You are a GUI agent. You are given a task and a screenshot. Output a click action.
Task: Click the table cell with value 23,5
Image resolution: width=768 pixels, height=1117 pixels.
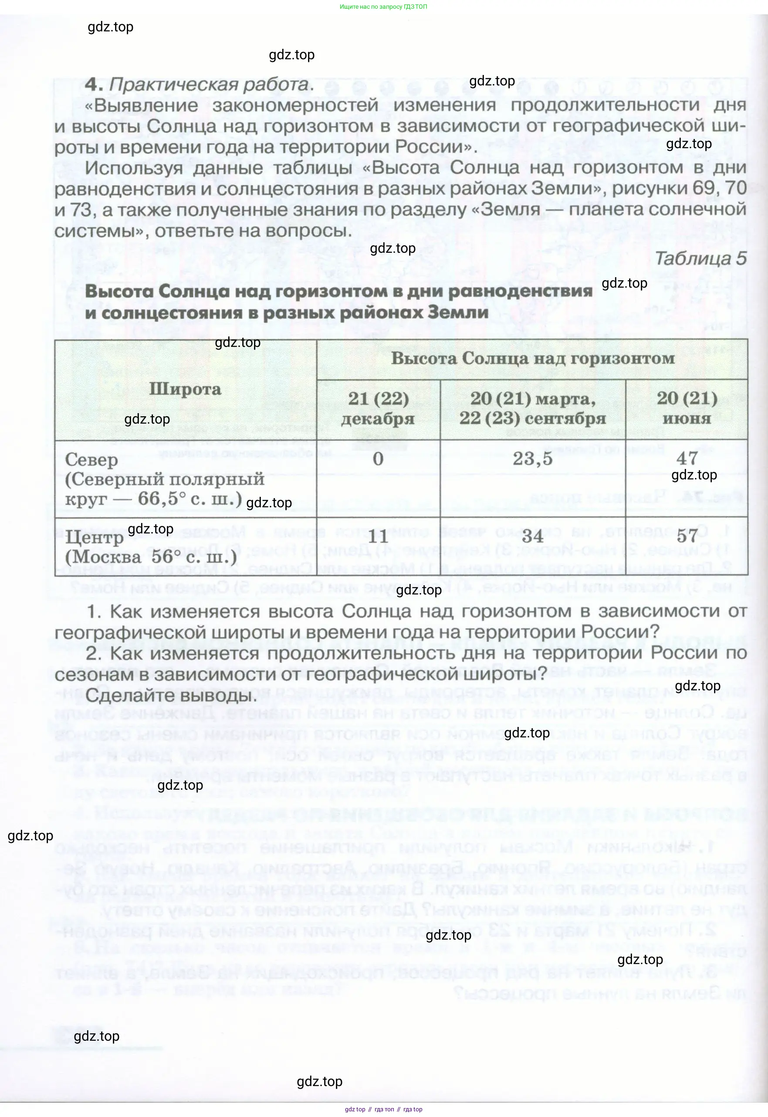pos(532,459)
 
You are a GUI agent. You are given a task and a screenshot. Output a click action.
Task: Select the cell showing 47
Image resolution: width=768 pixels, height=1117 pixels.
pos(687,458)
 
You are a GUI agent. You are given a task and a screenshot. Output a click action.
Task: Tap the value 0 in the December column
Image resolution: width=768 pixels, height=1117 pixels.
pos(378,459)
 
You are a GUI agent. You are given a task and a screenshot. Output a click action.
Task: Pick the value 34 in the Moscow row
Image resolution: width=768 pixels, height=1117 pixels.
pos(532,536)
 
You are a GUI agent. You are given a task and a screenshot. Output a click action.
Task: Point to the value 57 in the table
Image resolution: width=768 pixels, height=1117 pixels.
pos(687,536)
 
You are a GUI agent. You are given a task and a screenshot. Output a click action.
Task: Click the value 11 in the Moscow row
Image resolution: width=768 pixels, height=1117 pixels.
pos(378,536)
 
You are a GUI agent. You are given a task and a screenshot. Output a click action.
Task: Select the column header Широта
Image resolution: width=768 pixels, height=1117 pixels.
pos(185,389)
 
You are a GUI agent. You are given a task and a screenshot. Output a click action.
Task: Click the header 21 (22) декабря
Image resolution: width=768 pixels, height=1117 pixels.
pos(378,409)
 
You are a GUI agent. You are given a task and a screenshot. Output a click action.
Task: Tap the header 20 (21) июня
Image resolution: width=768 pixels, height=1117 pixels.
pos(687,408)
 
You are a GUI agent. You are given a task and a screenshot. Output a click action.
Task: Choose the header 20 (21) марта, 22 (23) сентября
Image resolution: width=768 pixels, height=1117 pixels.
pos(532,408)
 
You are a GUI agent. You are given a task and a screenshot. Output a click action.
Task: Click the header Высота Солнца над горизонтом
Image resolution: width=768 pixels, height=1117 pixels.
pos(532,359)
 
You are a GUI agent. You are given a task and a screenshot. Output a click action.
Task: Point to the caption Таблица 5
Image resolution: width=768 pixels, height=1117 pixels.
pos(700,258)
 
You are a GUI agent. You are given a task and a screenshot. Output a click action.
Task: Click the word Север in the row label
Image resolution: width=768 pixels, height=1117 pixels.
pos(91,460)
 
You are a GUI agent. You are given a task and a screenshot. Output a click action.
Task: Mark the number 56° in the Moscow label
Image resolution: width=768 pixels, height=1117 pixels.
pos(162,557)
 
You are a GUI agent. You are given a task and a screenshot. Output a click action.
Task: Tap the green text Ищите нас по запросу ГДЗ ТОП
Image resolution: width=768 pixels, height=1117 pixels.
pos(383,7)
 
